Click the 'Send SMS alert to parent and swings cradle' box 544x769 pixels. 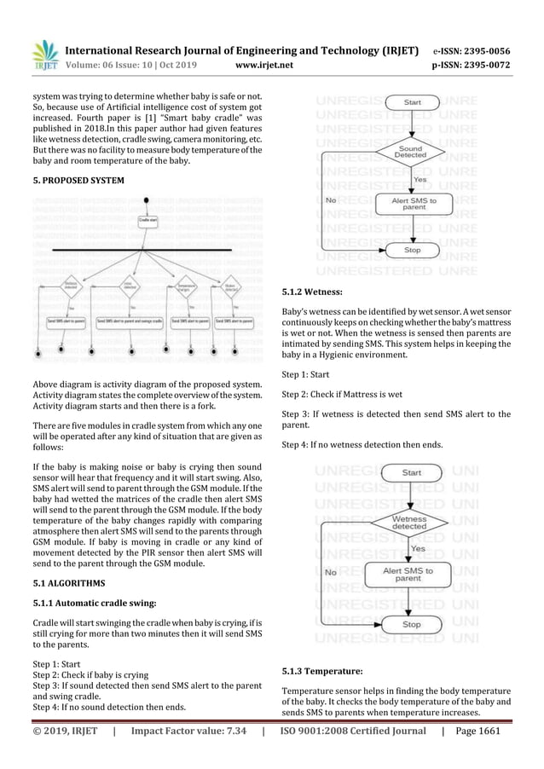click(130, 322)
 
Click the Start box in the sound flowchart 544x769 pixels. click(412, 102)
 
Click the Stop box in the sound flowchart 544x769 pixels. click(412, 251)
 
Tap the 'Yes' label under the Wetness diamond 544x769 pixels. click(419, 549)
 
